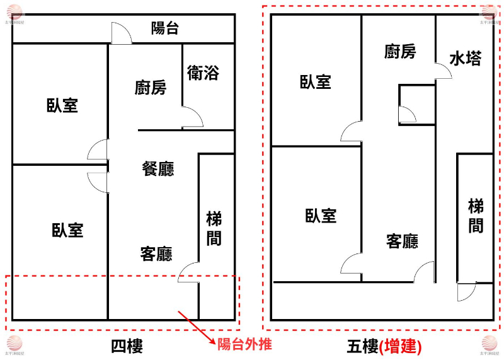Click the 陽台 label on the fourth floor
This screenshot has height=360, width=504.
(x=165, y=28)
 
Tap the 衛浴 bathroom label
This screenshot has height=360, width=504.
(x=203, y=73)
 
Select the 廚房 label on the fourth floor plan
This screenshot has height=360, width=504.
(x=151, y=88)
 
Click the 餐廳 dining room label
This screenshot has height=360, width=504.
(x=158, y=168)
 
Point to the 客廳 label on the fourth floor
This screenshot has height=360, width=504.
(x=156, y=253)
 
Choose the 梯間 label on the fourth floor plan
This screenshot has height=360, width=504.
(x=214, y=229)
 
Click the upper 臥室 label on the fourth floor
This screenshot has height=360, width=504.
(x=62, y=105)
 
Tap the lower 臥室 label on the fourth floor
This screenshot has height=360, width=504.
(x=67, y=230)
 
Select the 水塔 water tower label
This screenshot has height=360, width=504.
(x=466, y=59)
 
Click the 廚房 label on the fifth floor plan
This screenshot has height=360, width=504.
(x=400, y=52)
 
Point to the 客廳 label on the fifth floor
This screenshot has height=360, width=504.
(x=402, y=241)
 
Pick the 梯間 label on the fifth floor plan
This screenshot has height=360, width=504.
(x=476, y=216)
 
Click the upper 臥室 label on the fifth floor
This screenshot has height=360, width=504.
(x=316, y=81)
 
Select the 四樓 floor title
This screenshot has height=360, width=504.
(x=127, y=346)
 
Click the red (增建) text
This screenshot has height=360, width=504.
(x=400, y=346)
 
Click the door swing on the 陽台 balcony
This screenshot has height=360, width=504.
(x=120, y=33)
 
